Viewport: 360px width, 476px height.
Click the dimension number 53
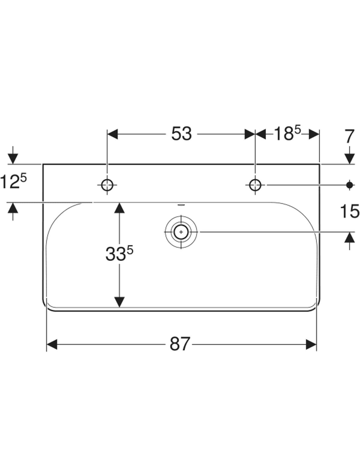point(181,134)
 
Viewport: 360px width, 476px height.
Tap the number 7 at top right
point(349,137)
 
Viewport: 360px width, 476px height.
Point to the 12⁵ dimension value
point(13,182)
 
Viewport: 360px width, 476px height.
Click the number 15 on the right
point(350,211)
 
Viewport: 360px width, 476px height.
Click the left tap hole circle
point(107,184)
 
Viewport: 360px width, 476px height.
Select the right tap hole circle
point(255,184)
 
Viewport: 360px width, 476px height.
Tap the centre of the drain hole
point(181,232)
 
